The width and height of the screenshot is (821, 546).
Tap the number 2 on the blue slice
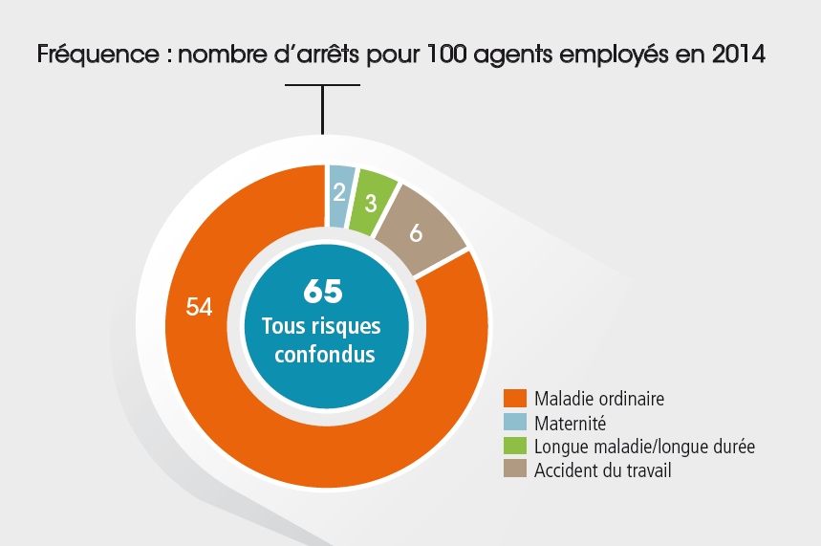click(x=338, y=191)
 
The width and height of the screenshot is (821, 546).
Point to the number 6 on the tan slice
click(x=416, y=233)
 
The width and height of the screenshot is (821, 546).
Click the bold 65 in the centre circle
click(x=322, y=292)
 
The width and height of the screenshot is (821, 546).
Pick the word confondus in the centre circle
click(x=322, y=353)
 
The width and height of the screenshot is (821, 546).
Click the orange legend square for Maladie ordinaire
click(x=515, y=398)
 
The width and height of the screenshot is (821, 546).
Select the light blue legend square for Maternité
click(x=515, y=422)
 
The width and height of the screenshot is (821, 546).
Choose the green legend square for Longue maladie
click(x=515, y=446)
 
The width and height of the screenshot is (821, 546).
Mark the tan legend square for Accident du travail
click(x=515, y=470)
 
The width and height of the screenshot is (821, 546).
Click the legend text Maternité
click(x=571, y=422)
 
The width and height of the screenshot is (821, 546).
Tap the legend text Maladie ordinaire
click(x=599, y=398)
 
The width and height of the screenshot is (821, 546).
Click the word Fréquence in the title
click(x=91, y=55)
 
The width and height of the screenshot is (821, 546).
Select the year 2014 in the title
click(x=739, y=55)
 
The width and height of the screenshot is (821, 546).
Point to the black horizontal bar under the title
click(x=323, y=85)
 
